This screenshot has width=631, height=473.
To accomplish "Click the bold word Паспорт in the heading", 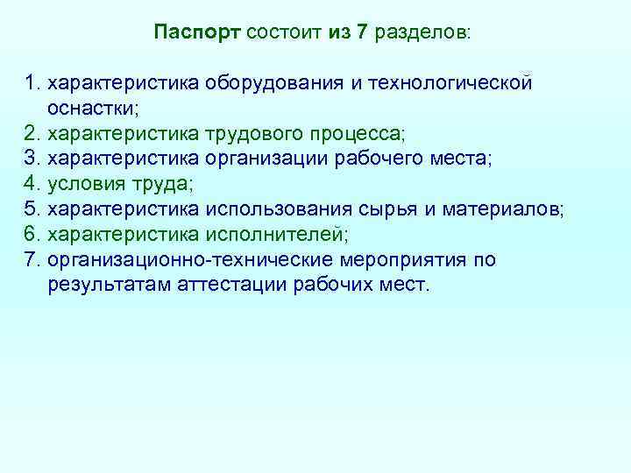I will (197, 33).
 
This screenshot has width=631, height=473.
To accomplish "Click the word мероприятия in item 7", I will (394, 260).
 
